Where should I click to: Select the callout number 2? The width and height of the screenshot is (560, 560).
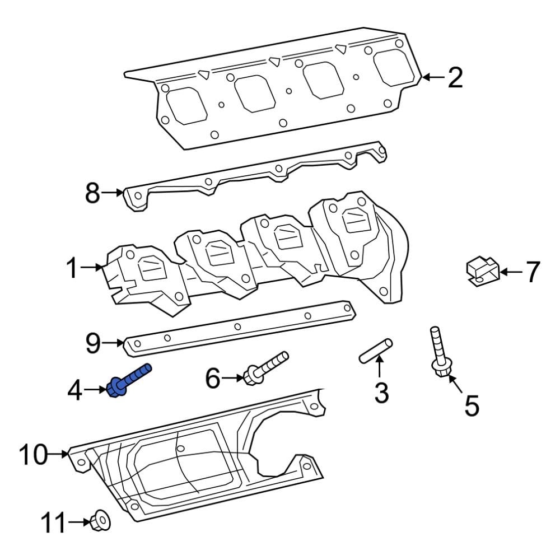(x=455, y=78)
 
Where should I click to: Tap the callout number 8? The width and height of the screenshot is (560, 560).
(x=92, y=193)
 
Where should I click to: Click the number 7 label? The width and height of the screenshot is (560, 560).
(x=531, y=272)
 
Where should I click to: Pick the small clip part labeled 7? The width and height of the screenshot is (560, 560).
(x=481, y=270)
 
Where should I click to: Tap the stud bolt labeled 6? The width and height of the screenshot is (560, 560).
(x=265, y=367)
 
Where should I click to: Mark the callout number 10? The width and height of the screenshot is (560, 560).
(x=33, y=455)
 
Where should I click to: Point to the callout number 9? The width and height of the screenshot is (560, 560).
(x=94, y=342)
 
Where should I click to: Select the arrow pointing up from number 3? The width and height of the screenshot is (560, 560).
(x=379, y=367)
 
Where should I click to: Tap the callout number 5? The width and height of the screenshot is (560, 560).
(x=472, y=405)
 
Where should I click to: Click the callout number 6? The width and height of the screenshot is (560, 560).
(x=213, y=379)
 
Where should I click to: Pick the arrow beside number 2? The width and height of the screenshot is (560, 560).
(x=431, y=78)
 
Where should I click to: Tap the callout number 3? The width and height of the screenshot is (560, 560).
(x=381, y=393)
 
